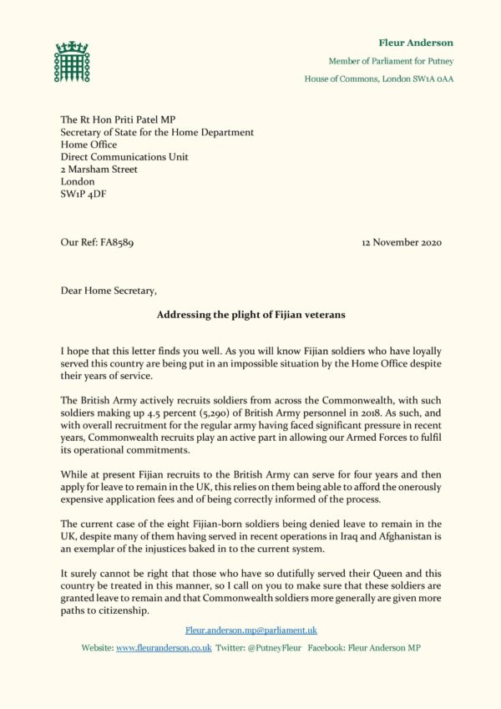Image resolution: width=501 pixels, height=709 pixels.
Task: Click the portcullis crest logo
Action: [72, 61]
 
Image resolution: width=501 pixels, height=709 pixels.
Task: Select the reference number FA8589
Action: [113, 243]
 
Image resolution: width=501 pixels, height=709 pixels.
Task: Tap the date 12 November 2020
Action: [402, 243]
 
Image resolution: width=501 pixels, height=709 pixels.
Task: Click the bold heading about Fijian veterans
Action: [250, 315]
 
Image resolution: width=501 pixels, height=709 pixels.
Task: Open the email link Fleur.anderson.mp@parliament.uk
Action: [250, 630]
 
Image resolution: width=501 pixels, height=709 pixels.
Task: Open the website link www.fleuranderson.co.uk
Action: [163, 648]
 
